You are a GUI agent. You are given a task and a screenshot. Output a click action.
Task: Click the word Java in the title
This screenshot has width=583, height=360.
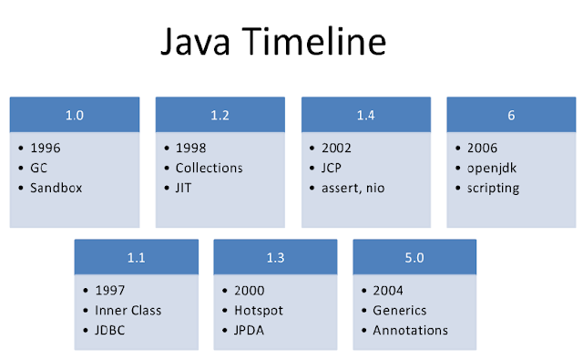coord(197,44)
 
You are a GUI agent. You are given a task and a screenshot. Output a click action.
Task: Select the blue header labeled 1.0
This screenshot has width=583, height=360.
coord(75,115)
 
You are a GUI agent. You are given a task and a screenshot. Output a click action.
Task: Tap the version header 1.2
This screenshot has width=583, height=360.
coord(220,115)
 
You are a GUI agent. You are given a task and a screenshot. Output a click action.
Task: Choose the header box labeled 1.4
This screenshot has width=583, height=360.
coord(366,115)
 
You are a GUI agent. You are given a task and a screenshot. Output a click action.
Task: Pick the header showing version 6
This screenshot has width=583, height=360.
coord(511,115)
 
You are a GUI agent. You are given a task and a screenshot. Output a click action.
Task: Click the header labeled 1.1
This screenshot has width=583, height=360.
coord(136,258)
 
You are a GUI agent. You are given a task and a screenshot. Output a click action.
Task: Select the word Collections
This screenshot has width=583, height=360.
coord(209,168)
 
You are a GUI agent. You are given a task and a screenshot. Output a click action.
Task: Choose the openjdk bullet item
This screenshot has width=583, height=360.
coord(495,168)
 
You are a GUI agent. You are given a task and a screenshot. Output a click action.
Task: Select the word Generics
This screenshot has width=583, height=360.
coord(399,311)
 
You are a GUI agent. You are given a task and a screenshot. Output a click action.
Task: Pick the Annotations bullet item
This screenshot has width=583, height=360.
coord(410,330)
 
